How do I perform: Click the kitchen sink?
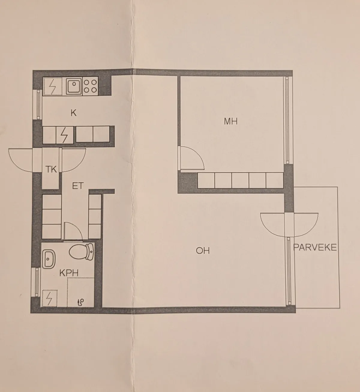(74, 86)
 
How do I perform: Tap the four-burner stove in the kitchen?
(90, 86)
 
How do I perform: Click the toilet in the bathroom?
(82, 252)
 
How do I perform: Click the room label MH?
(231, 121)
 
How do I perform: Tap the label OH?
(202, 251)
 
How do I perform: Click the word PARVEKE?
(315, 248)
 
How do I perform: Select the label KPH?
(69, 273)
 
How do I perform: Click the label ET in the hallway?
(78, 186)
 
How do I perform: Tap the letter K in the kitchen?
(73, 113)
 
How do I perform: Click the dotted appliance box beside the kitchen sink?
(52, 87)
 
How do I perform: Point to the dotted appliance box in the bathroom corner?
(49, 299)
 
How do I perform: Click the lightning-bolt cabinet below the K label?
(65, 135)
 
